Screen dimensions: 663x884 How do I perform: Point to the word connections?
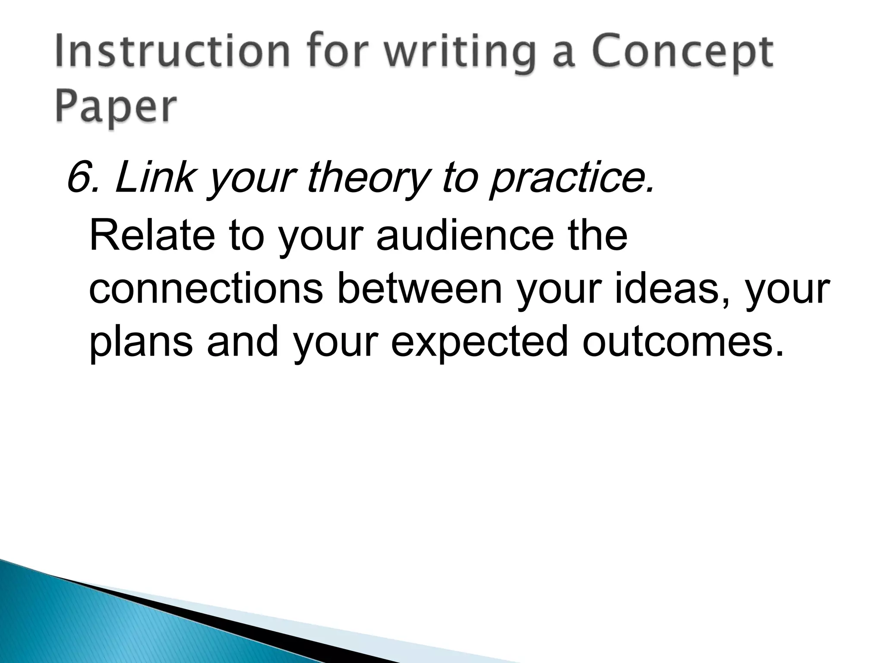pos(205,289)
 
